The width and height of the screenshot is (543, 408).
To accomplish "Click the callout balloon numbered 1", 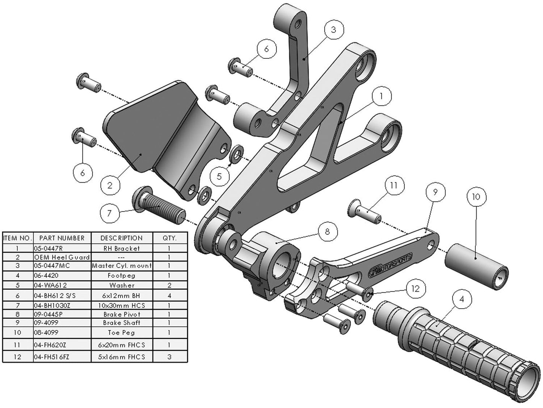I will click(x=381, y=96).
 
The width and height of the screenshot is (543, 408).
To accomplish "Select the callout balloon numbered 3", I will click(x=334, y=29).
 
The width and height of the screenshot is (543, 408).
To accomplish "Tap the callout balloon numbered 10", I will click(x=476, y=197).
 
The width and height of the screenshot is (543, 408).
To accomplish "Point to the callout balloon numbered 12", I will click(x=415, y=289).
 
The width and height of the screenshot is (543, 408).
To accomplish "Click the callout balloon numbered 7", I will click(x=109, y=213).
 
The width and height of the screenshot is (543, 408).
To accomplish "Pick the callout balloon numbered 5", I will click(x=219, y=176).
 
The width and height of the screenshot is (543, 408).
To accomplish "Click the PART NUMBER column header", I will click(x=62, y=238).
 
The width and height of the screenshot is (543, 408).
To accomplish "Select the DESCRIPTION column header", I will click(x=122, y=238).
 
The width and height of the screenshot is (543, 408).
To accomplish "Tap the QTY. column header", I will click(x=169, y=238).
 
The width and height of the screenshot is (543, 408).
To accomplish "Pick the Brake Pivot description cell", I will click(x=122, y=314).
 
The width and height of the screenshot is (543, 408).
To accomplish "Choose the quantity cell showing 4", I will click(x=169, y=296).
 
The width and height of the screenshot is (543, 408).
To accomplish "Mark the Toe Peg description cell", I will click(x=122, y=333).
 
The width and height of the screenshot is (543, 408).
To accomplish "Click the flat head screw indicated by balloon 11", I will click(x=365, y=211).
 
